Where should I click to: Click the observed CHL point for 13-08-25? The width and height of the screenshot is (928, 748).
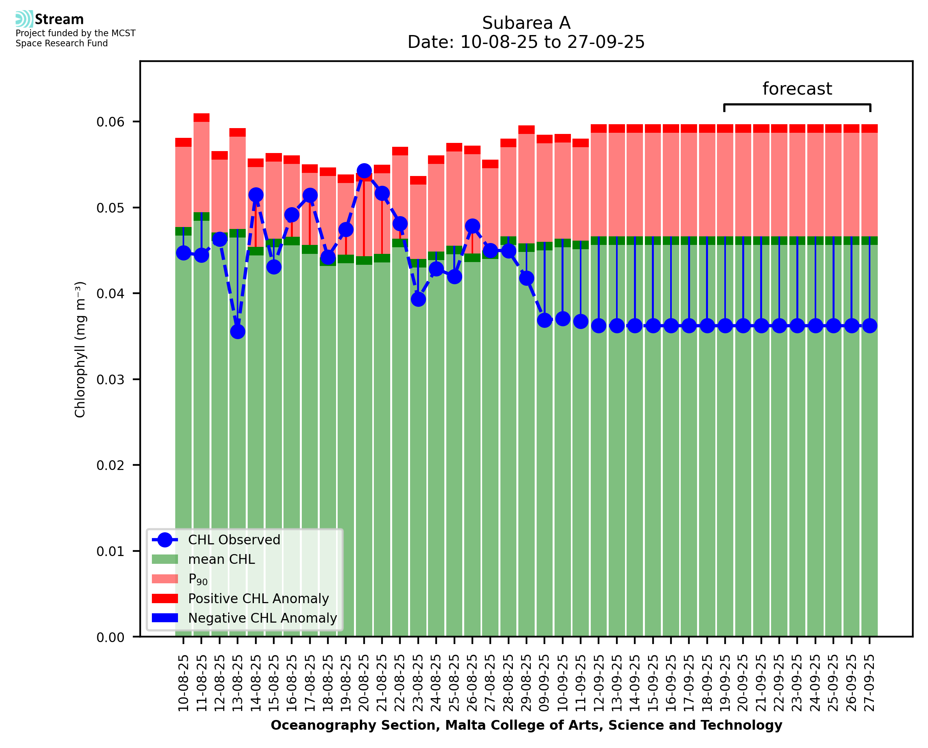(238, 332)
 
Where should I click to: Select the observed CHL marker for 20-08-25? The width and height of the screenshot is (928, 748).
(364, 171)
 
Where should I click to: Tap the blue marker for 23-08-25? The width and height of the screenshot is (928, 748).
(418, 299)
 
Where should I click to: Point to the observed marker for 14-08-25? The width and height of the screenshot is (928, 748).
(255, 195)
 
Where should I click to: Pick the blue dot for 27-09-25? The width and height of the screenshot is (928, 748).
(870, 326)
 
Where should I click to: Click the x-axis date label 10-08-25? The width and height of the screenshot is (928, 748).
(183, 683)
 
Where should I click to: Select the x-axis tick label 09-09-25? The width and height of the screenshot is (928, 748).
(544, 683)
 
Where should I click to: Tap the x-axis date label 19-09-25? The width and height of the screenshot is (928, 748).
(725, 683)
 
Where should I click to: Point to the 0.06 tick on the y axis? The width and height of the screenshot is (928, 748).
(110, 122)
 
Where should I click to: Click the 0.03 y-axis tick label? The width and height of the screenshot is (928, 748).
(110, 380)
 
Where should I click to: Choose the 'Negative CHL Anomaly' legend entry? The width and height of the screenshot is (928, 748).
(262, 618)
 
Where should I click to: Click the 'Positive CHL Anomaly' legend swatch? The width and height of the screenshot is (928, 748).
(165, 598)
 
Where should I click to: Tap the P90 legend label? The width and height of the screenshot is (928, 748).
(198, 579)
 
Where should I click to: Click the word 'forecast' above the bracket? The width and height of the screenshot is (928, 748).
(797, 89)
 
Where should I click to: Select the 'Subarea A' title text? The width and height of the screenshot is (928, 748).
(526, 23)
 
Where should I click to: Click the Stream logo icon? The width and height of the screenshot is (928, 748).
(24, 19)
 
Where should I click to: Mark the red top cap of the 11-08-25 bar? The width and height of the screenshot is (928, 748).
(201, 118)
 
